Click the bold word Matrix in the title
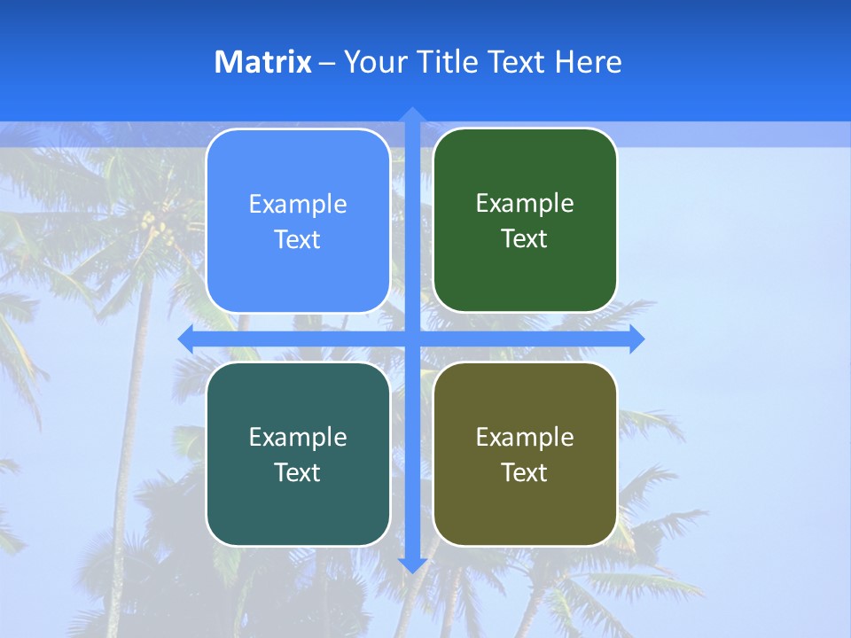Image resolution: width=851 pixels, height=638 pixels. (x=262, y=62)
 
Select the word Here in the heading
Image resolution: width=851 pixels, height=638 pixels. (x=589, y=62)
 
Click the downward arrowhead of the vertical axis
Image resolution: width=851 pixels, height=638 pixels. (x=412, y=564)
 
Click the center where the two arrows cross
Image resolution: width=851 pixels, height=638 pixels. (x=412, y=338)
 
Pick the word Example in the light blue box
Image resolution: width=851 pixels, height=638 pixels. (x=298, y=204)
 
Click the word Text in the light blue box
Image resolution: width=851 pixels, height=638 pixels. (x=298, y=239)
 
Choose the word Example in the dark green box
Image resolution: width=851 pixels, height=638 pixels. (x=525, y=203)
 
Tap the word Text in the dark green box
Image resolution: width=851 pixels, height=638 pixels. (x=525, y=238)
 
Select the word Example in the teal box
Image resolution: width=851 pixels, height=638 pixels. (x=298, y=437)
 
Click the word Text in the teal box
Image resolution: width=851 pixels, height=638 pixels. (x=298, y=472)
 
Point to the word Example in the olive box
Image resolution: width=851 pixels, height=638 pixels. (x=525, y=437)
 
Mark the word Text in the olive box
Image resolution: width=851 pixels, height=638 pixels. (x=525, y=472)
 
